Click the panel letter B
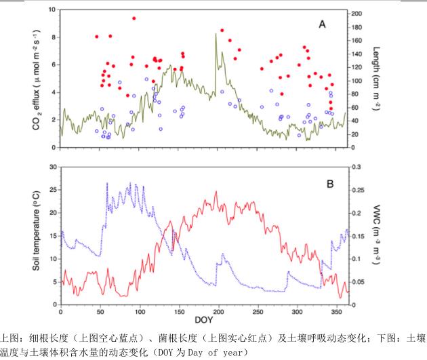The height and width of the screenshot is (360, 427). click(330, 183)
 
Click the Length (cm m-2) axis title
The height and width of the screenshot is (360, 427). click(374, 77)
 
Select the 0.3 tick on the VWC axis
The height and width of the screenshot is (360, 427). click(354, 167)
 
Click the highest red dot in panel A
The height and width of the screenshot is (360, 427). click(134, 18)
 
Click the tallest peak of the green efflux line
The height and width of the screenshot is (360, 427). click(216, 34)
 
